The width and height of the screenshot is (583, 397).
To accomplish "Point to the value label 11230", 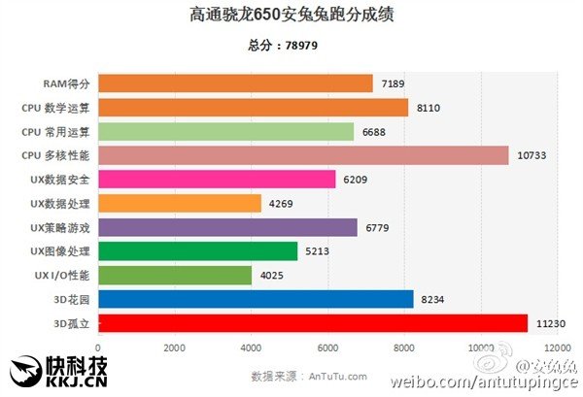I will pyautogui.click(x=553, y=323).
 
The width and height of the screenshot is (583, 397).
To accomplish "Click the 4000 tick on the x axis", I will pyautogui.click(x=251, y=347).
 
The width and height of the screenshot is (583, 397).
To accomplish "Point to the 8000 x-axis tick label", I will pyautogui.click(x=404, y=347).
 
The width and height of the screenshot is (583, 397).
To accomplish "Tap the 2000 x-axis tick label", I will pyautogui.click(x=174, y=347).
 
